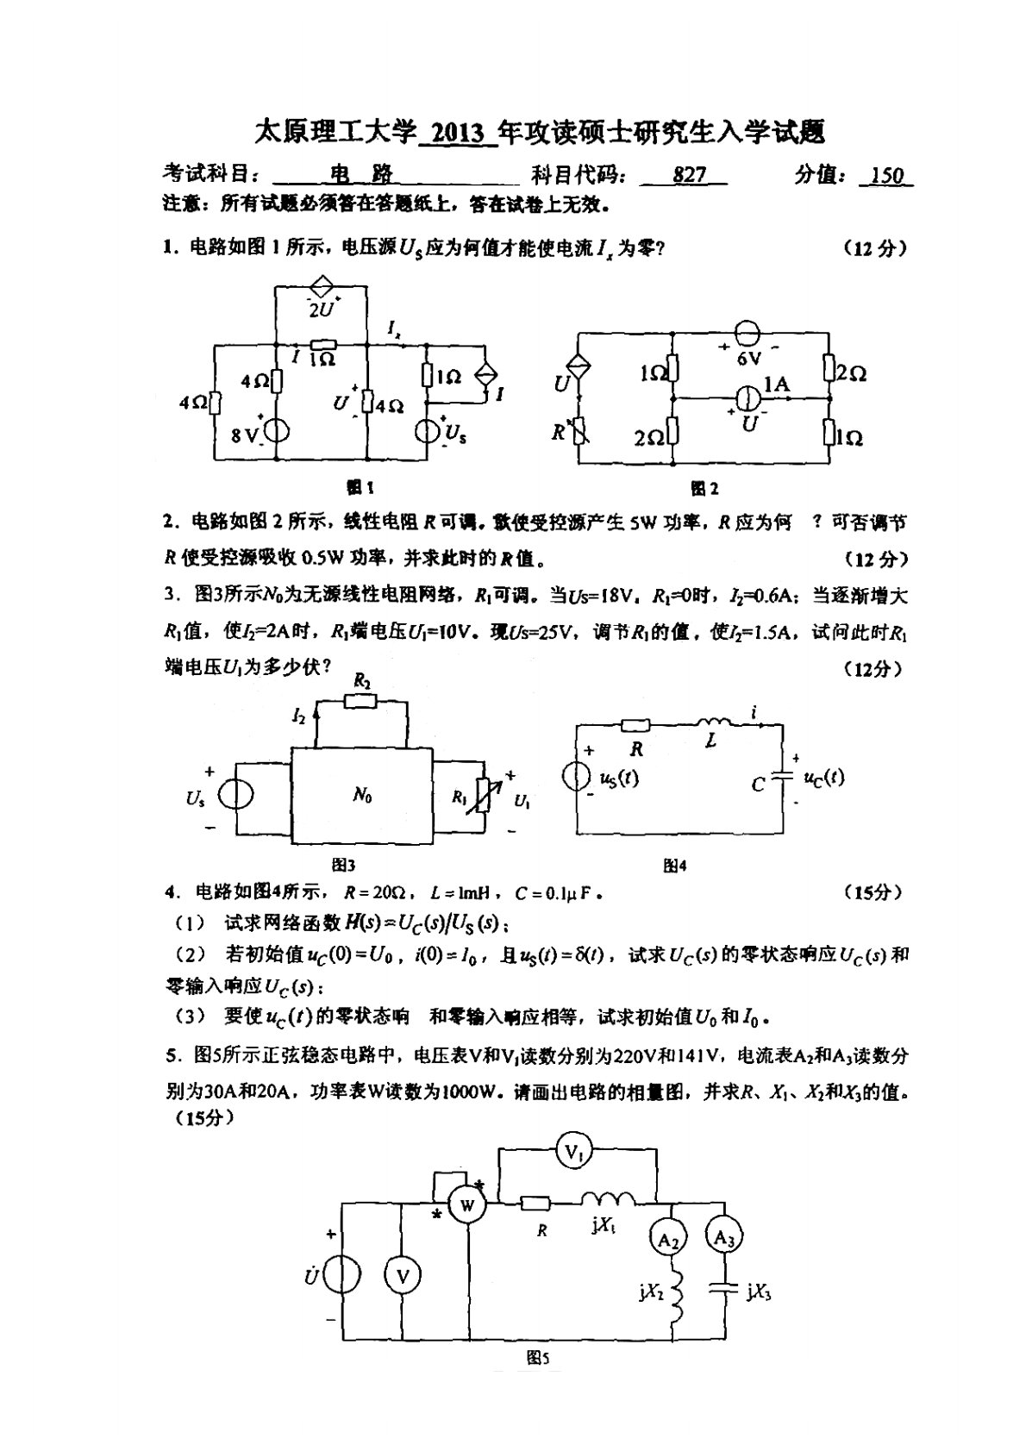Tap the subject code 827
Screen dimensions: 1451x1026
pos(689,175)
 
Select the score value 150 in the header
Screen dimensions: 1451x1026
pos(886,176)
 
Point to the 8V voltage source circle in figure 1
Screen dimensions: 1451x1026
pos(275,428)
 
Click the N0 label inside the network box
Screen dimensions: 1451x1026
pos(362,796)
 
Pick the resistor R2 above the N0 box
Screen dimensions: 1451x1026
pos(361,700)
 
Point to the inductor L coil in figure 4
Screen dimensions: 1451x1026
pos(712,722)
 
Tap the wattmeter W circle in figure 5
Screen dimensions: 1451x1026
pos(466,1204)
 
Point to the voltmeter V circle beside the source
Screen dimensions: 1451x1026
pos(402,1276)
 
